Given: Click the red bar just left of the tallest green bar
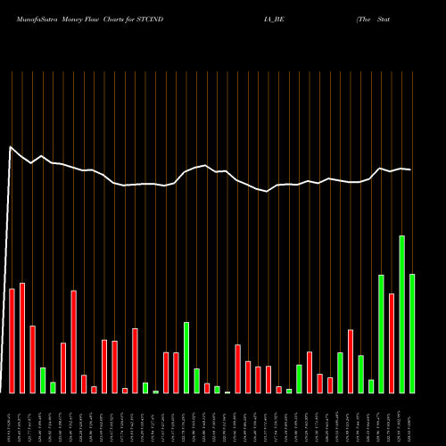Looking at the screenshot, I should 392,343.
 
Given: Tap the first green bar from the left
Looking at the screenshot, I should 43,380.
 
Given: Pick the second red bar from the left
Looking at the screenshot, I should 22,337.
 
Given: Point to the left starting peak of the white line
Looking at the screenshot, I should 11,147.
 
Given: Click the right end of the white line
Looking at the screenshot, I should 411,169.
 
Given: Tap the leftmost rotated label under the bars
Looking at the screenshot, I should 11,418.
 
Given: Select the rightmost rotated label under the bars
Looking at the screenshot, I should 412,418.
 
